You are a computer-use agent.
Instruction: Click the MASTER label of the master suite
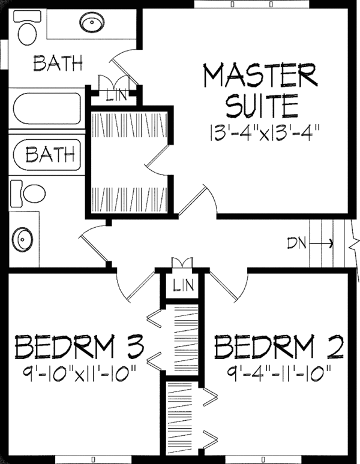coord(260,75)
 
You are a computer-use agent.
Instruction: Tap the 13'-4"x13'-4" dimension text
coord(265,132)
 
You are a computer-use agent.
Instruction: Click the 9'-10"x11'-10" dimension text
coord(79,370)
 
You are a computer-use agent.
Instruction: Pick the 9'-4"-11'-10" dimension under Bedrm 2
coord(278,370)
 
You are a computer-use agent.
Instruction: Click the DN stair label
coord(296,243)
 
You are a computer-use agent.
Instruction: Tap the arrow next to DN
coord(321,243)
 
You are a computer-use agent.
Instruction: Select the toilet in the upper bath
coord(27,28)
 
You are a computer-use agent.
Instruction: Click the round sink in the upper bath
coord(92,22)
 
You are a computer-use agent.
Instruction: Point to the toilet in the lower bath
coord(28,194)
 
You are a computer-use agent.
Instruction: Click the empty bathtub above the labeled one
coord(47,109)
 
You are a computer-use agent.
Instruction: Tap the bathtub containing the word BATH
coord(47,155)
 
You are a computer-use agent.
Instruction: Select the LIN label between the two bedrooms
coord(184,285)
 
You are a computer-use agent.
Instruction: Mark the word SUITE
coord(262,106)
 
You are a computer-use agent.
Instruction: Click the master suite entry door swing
coord(198,199)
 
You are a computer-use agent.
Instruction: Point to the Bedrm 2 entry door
coord(228,287)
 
